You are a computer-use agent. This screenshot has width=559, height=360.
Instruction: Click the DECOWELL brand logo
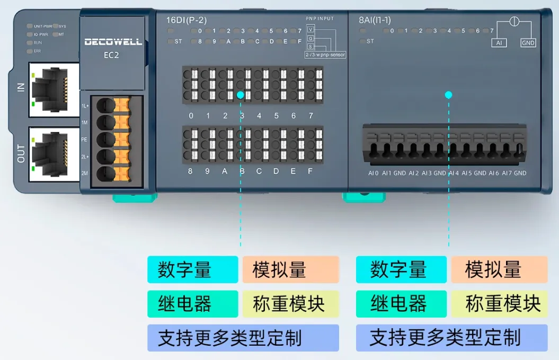pyautogui.click(x=113, y=42)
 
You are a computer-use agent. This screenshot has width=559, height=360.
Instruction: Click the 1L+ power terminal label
pyautogui.click(x=85, y=106)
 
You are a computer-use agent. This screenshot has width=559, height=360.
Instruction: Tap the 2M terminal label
pyautogui.click(x=85, y=174)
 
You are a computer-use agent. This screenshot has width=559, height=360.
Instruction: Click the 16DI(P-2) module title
pyautogui.click(x=187, y=21)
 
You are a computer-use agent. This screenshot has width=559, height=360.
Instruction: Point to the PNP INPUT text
pyautogui.click(x=320, y=19)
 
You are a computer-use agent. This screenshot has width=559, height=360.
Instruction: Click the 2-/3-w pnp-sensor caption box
pyautogui.click(x=324, y=55)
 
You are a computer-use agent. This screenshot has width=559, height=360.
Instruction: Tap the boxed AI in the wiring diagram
pyautogui.click(x=499, y=42)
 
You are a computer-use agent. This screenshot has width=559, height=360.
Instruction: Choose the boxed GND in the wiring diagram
pyautogui.click(x=528, y=42)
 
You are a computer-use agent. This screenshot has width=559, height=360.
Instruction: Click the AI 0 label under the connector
pyautogui.click(x=374, y=173)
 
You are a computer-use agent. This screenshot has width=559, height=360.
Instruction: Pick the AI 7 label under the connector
pyautogui.click(x=507, y=173)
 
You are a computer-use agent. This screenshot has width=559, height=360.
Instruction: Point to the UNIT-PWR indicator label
pyautogui.click(x=42, y=26)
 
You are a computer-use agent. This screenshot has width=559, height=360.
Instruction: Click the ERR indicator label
pyautogui.click(x=38, y=51)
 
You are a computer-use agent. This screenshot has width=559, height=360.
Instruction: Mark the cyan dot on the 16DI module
pyautogui.click(x=241, y=95)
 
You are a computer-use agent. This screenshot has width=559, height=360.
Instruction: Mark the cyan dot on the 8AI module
pyautogui.click(x=449, y=95)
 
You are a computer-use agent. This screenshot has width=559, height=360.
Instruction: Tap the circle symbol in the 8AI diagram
pyautogui.click(x=513, y=22)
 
